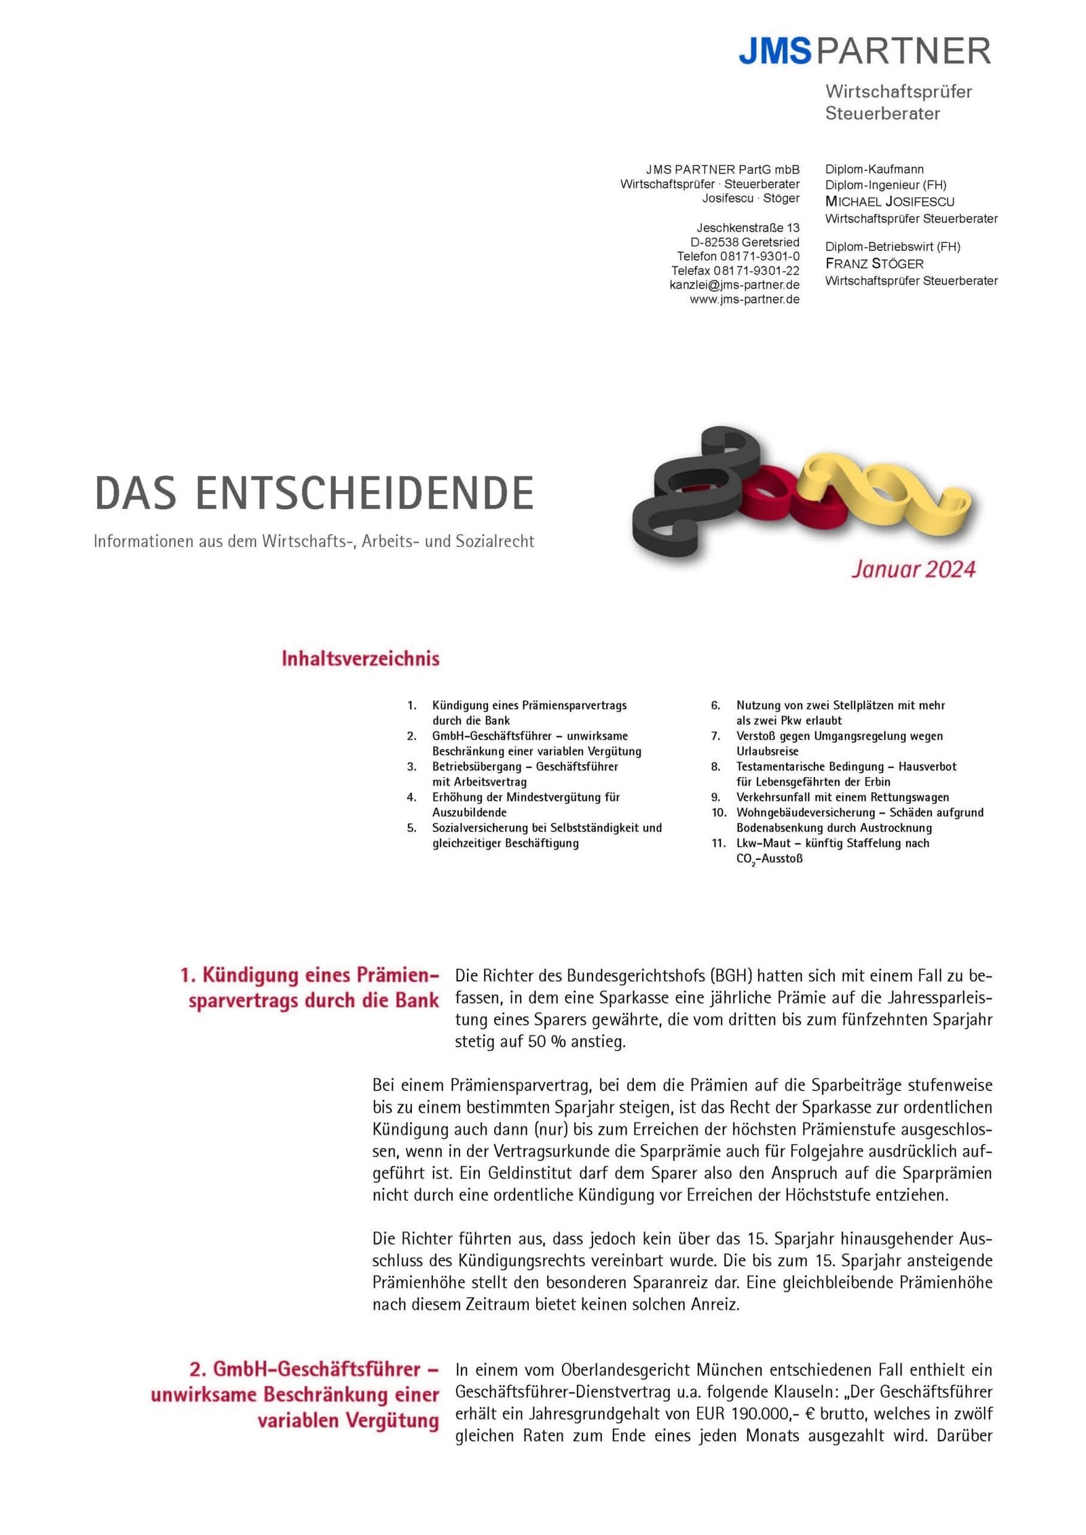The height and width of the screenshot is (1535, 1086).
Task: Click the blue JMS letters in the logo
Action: (x=774, y=52)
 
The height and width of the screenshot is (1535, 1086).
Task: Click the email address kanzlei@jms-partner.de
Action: (x=734, y=285)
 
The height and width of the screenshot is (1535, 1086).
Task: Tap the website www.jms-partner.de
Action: (x=744, y=299)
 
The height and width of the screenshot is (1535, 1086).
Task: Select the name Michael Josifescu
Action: (x=889, y=202)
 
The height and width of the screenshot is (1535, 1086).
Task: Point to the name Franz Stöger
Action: (x=874, y=263)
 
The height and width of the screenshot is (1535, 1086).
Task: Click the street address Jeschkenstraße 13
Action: (x=747, y=227)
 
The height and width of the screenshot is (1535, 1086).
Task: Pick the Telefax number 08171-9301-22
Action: (x=735, y=271)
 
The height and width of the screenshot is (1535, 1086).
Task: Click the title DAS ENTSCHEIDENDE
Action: (x=314, y=493)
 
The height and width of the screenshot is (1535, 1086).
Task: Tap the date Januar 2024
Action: (x=913, y=569)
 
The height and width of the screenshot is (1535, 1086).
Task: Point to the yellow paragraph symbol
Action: (x=882, y=492)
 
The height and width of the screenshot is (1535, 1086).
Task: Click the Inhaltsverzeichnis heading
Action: (x=360, y=658)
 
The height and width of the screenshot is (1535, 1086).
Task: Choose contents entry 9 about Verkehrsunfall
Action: (x=842, y=797)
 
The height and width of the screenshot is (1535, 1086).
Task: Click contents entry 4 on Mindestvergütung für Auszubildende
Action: (x=525, y=805)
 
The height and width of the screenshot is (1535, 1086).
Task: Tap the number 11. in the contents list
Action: (x=719, y=843)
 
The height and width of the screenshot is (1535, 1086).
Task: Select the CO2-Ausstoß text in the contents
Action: (x=769, y=859)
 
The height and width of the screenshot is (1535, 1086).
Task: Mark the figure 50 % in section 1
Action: (x=546, y=1042)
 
